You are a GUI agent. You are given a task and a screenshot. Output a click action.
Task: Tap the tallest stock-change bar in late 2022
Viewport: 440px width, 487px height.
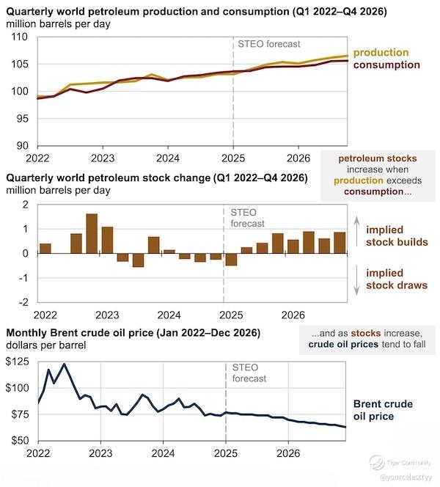tap(92, 233)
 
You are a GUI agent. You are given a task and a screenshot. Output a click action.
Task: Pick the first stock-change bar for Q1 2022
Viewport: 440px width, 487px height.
tap(45, 248)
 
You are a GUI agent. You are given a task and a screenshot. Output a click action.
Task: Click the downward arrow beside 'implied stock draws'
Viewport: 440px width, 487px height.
tap(356, 279)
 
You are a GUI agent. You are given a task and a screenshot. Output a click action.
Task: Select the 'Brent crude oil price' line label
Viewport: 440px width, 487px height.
tap(383, 410)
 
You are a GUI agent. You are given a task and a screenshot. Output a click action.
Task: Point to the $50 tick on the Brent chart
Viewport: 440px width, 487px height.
tap(19, 440)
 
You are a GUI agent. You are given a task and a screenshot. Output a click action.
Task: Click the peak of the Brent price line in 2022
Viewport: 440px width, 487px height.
tap(65, 365)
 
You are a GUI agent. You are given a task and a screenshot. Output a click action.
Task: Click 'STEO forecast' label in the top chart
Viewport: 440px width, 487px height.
tap(259, 44)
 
